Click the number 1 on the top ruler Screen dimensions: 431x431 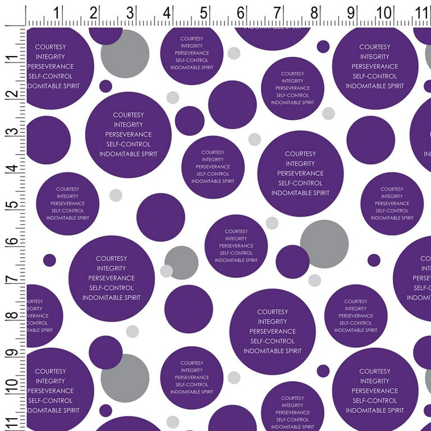(x=58, y=11)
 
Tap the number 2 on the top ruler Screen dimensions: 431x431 (x=94, y=11)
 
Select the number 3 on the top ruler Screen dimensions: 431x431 (x=131, y=11)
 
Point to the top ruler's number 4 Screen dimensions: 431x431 (x=168, y=11)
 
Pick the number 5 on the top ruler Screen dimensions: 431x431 (x=204, y=11)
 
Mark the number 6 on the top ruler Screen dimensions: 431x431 (x=241, y=11)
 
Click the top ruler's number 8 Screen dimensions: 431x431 (x=314, y=11)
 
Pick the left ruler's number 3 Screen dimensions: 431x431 (x=11, y=131)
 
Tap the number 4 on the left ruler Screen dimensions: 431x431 (x=11, y=168)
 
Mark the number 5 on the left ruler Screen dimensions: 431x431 (x=11, y=204)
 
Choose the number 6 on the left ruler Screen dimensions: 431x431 (x=11, y=241)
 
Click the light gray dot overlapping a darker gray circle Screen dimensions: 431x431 (x=166, y=271)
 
